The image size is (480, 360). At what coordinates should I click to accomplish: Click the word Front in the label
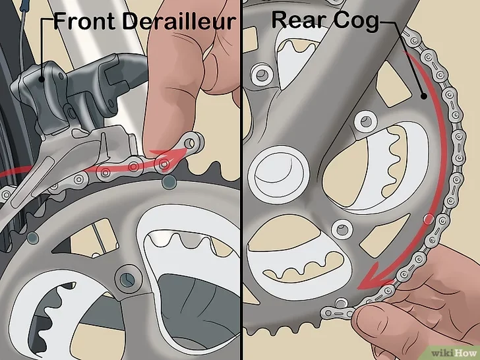(x=84, y=21)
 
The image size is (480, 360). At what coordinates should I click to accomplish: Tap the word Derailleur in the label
(x=179, y=21)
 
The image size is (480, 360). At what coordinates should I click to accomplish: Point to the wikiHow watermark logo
(x=454, y=353)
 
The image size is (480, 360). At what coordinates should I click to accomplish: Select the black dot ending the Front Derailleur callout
(x=42, y=80)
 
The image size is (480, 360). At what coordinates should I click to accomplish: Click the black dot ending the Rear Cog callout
(x=423, y=96)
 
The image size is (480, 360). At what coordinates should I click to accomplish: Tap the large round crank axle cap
(x=279, y=175)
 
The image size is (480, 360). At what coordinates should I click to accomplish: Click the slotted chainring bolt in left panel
(x=127, y=278)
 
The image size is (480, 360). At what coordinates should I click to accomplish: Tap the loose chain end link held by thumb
(x=337, y=313)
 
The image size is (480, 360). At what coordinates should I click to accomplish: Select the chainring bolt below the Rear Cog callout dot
(x=365, y=121)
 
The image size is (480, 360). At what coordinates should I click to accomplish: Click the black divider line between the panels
(x=241, y=180)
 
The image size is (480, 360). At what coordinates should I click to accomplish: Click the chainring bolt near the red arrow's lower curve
(x=342, y=229)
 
